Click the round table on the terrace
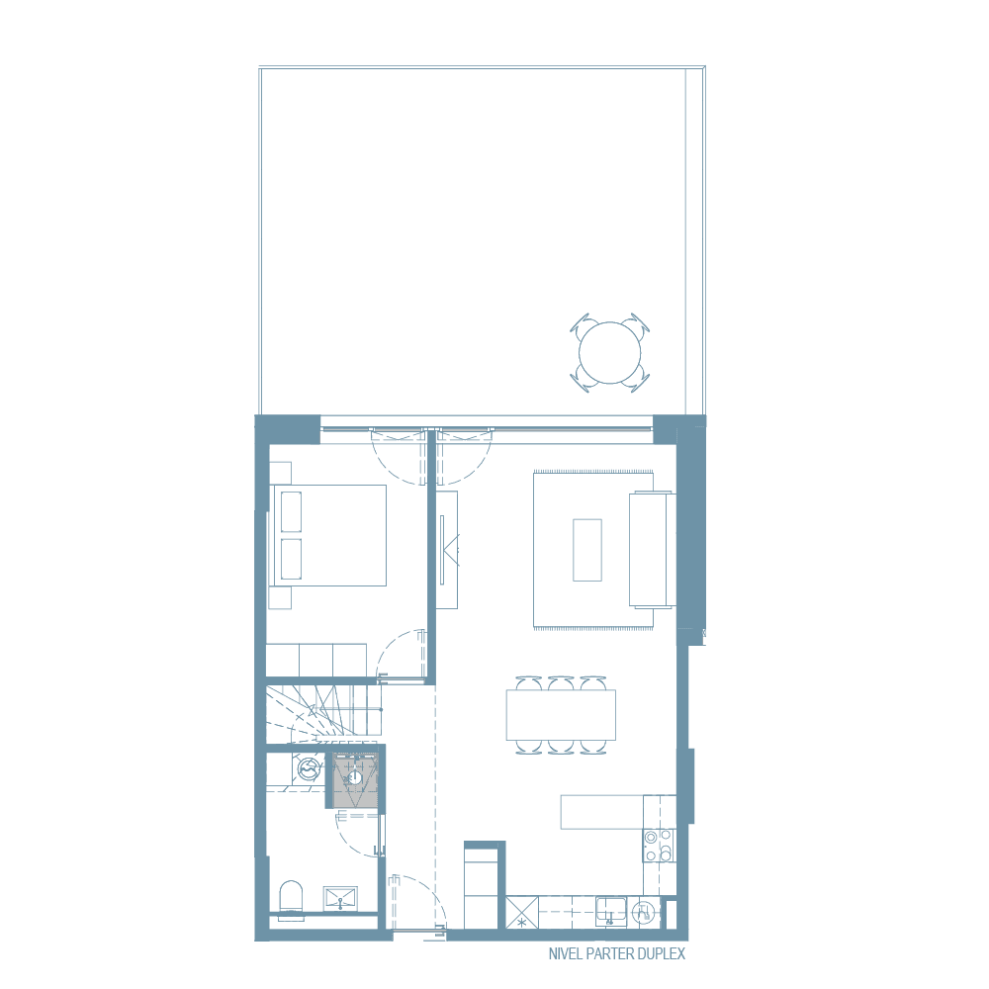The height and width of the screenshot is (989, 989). [609, 352]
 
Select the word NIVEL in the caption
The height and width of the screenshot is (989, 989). [564, 954]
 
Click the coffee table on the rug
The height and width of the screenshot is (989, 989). [587, 550]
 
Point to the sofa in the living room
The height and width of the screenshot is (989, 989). [651, 550]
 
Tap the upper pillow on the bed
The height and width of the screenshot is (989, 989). [291, 512]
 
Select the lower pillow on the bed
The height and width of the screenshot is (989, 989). [291, 559]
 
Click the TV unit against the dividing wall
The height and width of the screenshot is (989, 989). [448, 550]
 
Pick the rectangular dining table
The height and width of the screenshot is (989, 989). [561, 714]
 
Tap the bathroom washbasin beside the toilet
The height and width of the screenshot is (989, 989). [342, 898]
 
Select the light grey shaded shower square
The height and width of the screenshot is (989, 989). [354, 780]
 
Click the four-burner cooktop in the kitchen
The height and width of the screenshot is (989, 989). [658, 846]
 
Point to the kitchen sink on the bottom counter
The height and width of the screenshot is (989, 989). [610, 911]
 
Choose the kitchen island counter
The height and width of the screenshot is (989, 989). [603, 812]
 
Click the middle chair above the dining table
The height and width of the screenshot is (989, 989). [561, 682]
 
